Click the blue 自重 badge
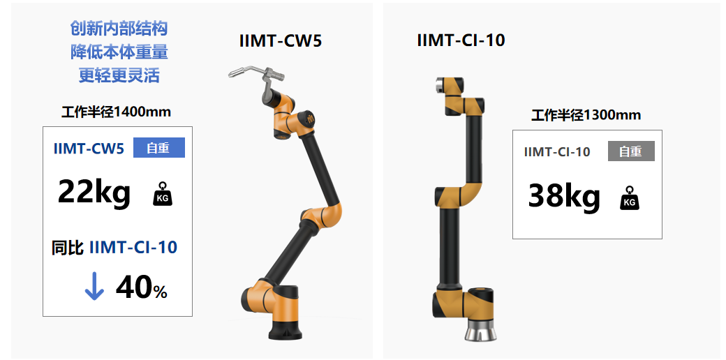159,148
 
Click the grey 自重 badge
631,151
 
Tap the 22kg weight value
94,192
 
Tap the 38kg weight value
564,196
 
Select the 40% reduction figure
141,288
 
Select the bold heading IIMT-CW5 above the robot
281,41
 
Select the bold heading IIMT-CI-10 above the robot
461,40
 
